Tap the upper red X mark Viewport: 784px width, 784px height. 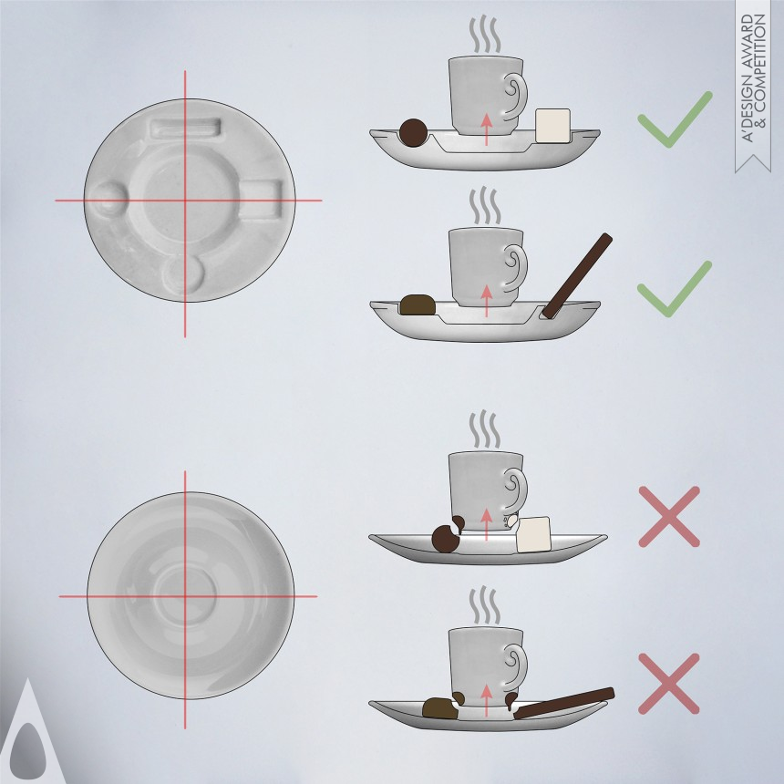coord(669,517)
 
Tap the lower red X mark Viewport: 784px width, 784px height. coord(669,684)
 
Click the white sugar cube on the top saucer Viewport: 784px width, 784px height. coord(552,126)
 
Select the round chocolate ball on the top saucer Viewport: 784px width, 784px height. coord(414,133)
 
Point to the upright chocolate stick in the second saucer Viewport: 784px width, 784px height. coord(577,276)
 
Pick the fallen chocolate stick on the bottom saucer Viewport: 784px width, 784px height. coord(564,703)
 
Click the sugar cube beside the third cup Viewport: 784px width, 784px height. coord(533,534)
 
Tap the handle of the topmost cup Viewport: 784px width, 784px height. coord(515,97)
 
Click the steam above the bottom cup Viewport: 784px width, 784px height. coord(484,605)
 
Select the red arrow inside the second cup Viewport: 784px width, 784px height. coord(486,301)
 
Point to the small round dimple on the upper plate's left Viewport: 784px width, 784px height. coord(107,201)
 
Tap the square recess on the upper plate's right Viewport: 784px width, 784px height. coord(262,199)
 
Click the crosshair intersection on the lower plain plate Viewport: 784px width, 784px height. coord(185,596)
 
